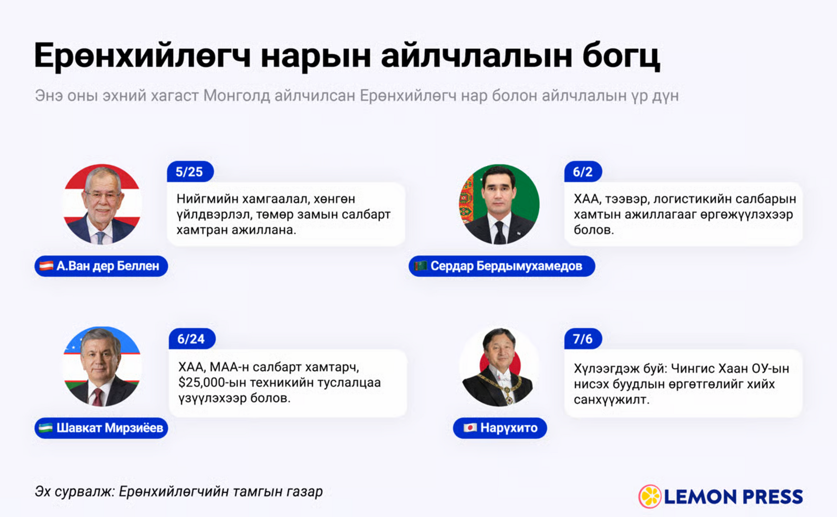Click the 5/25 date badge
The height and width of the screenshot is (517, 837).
tap(190, 172)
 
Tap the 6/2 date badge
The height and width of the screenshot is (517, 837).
tap(583, 172)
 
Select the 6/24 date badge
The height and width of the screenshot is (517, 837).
tap(192, 339)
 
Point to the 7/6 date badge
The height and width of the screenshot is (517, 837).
tap(583, 339)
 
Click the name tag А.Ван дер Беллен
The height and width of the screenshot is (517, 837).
tap(101, 266)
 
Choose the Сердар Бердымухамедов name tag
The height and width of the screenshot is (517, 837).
tap(502, 266)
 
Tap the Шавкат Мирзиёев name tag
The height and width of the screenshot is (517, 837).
tap(101, 428)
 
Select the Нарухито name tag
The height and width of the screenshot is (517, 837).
tap(500, 428)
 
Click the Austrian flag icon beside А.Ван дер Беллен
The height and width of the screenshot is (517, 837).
tap(46, 266)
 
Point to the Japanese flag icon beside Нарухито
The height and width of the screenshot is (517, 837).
tap(470, 428)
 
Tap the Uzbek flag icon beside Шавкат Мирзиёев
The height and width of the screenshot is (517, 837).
tap(46, 428)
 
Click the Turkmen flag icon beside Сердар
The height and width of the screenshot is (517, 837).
tap(420, 266)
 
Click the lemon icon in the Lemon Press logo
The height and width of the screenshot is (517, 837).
tap(650, 497)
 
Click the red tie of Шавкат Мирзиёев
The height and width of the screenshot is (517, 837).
tap(98, 397)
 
